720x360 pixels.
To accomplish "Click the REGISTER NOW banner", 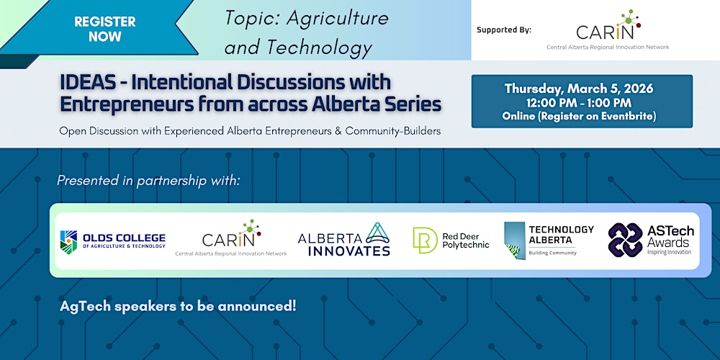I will tap(104, 29).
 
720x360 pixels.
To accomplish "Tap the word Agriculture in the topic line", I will tap(338, 18).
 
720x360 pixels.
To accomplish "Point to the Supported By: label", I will tap(503, 30).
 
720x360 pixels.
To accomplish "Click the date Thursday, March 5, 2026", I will tap(579, 89).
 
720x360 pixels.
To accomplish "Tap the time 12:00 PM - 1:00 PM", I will tap(579, 102).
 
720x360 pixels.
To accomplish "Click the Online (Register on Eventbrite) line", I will tap(579, 115).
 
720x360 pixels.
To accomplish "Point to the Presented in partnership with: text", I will tap(148, 180).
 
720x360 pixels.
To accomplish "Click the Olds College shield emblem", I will tap(69, 242).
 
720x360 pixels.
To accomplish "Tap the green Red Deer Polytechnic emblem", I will tap(425, 240).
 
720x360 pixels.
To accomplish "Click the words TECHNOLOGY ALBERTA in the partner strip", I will tap(561, 235).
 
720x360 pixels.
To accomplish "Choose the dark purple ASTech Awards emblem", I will tap(625, 240).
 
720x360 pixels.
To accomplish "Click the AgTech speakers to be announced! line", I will tap(178, 305).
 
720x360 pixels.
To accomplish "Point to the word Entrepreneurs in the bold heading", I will tap(117, 104).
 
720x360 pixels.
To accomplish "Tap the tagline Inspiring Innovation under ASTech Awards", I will tap(669, 252).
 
